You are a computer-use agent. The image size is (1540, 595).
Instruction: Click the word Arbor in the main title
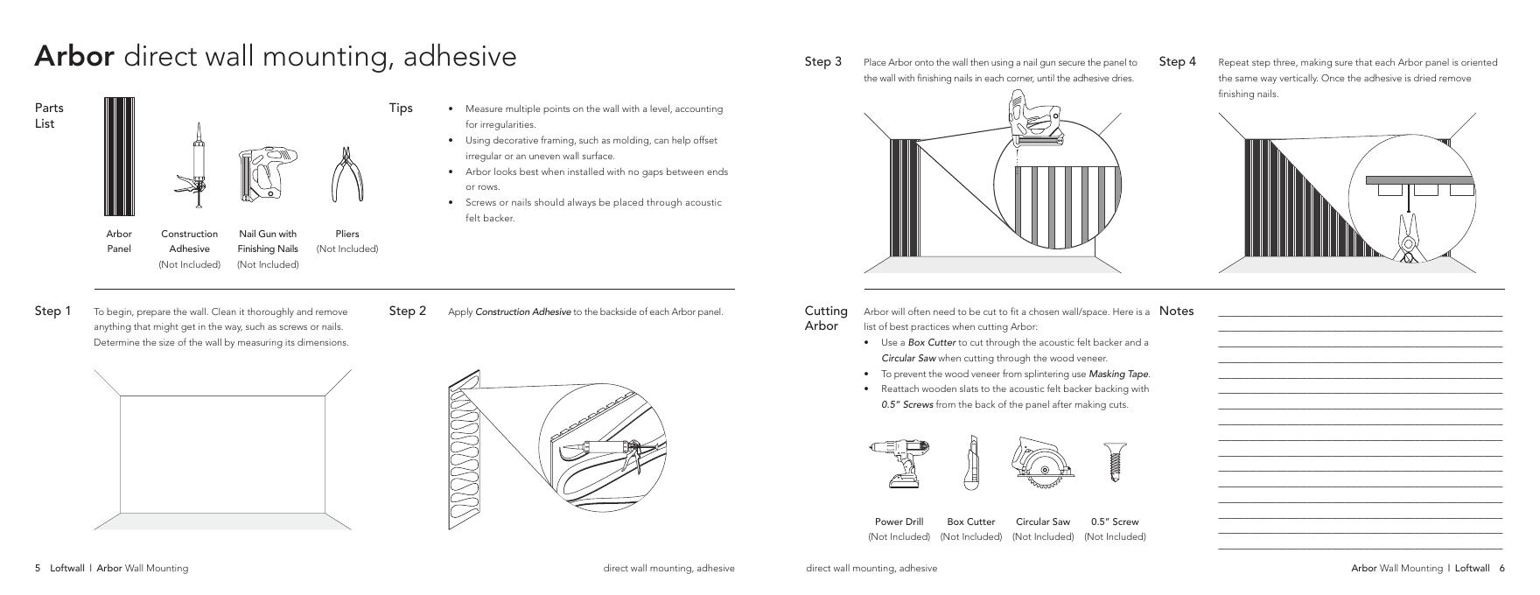coord(73,56)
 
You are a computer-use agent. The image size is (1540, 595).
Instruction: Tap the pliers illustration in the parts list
coord(346,175)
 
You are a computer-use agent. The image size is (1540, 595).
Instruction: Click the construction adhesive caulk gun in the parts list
coord(196,166)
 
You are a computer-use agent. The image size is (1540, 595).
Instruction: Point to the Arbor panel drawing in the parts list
coord(119,156)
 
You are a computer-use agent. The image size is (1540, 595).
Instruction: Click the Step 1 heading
coord(52,311)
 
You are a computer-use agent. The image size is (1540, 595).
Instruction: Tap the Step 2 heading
coord(407,311)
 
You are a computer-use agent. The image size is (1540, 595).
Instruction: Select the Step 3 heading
coord(822,61)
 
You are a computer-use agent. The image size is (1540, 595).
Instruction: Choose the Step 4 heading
coord(1177,61)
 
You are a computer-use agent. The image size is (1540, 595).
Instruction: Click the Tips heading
coord(401,108)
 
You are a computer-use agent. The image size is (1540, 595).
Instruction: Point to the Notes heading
coord(1176,311)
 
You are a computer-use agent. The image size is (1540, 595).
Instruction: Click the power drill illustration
coord(899,462)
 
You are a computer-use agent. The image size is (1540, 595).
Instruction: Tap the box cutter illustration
coord(970,461)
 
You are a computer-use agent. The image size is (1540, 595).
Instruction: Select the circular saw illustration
coord(1042,461)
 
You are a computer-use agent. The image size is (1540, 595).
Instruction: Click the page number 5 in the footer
coord(38,568)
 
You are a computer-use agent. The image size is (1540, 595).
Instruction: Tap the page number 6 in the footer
coord(1501,568)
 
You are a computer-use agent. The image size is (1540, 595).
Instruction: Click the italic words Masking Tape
coord(1117,374)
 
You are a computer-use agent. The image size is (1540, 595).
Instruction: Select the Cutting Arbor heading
coord(826,318)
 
